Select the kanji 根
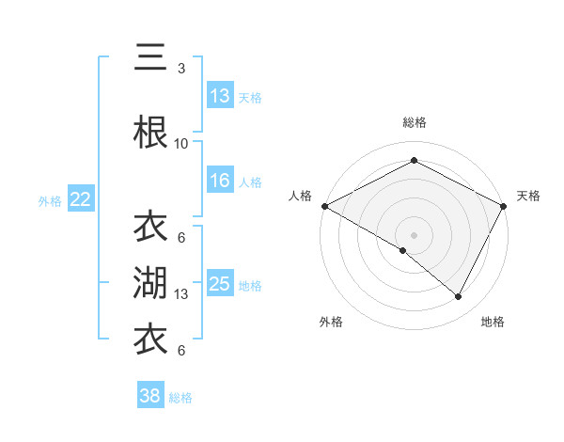(x=150, y=132)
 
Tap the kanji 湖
(x=150, y=283)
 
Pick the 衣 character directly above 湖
(x=150, y=227)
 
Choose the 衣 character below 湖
(x=150, y=339)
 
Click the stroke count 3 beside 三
(x=181, y=69)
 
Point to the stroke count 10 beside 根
(x=181, y=144)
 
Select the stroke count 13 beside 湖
(x=181, y=294)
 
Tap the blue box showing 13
(x=220, y=95)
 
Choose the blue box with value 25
(x=220, y=283)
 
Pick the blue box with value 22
(x=81, y=198)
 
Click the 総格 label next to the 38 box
(x=180, y=398)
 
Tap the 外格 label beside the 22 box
(x=50, y=200)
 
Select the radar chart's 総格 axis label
(x=414, y=122)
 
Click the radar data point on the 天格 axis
(x=504, y=206)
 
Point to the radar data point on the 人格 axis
(x=324, y=206)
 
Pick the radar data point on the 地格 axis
(x=459, y=297)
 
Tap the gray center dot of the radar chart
(x=414, y=234)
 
